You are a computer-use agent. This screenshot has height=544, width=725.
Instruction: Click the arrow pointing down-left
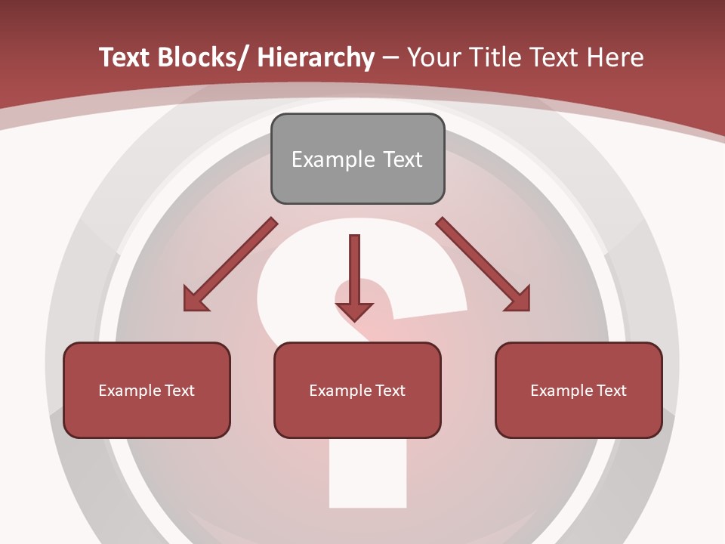tap(230, 264)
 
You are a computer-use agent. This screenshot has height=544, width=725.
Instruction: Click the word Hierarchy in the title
tap(316, 58)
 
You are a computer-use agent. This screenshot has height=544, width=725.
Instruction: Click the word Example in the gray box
tap(333, 159)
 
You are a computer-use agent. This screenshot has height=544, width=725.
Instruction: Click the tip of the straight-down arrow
tap(354, 320)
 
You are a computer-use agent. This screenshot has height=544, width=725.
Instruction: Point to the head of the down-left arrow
tap(193, 301)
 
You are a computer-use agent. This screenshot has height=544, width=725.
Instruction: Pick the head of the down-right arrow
tap(520, 301)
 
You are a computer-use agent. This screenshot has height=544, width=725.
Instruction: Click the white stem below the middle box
tap(368, 472)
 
